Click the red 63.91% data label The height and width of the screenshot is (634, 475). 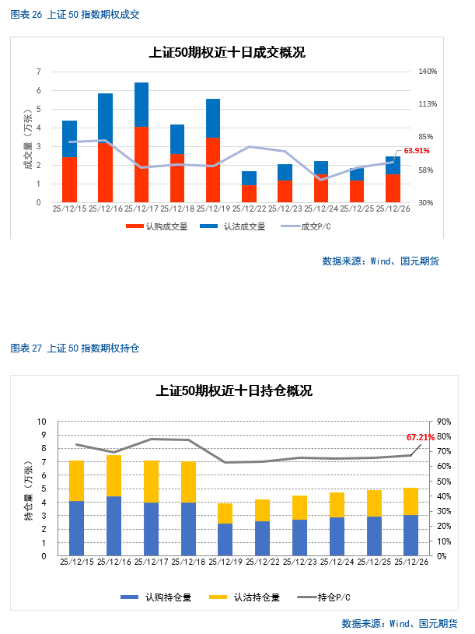[x=417, y=151]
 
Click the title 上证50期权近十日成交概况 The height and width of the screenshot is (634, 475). [x=227, y=53]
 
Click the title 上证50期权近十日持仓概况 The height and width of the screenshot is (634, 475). [x=234, y=391]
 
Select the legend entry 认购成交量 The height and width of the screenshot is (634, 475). [x=159, y=226]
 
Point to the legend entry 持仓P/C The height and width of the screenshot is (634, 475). [x=322, y=597]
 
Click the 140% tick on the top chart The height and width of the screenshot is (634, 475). [x=428, y=72]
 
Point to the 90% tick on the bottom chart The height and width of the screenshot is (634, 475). [x=444, y=422]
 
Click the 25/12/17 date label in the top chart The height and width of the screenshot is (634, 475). [x=141, y=208]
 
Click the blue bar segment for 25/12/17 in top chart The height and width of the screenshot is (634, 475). [x=141, y=104]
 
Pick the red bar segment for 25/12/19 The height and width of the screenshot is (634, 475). [x=213, y=170]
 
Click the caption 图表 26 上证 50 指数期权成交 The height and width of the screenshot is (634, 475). [x=75, y=15]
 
